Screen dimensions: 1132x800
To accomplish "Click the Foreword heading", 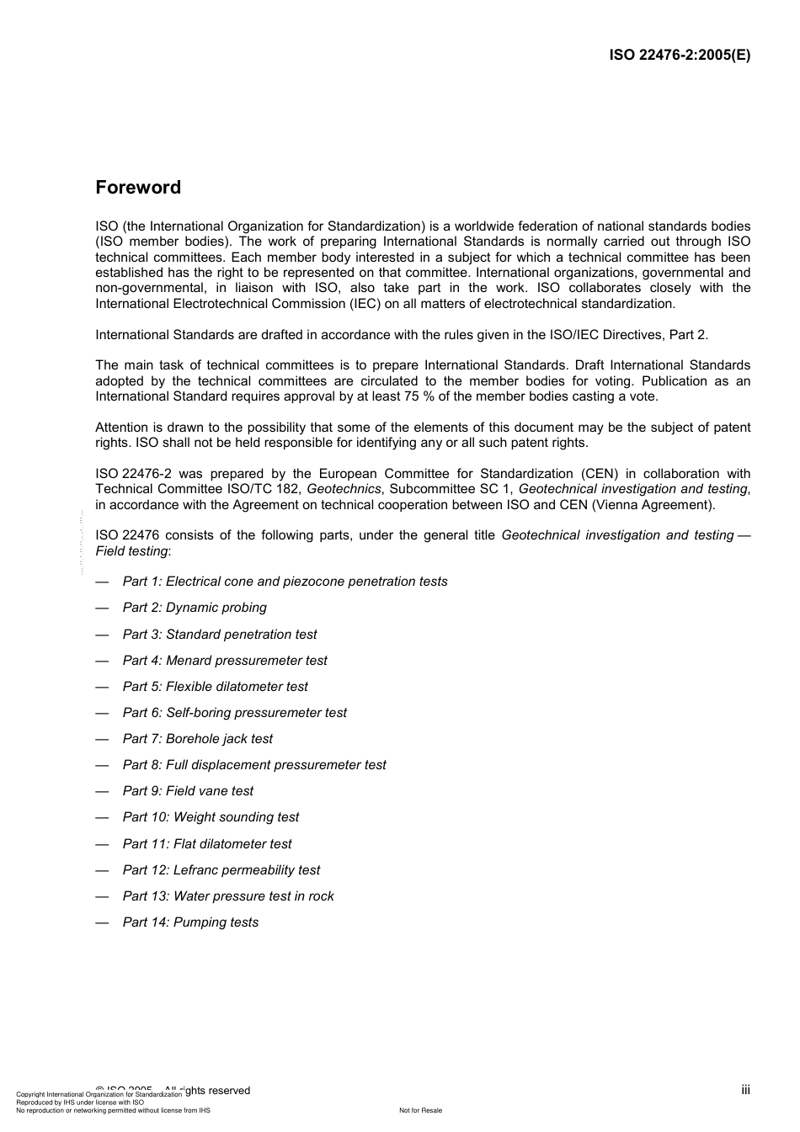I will (138, 188).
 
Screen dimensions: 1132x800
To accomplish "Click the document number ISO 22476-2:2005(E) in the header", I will (680, 56).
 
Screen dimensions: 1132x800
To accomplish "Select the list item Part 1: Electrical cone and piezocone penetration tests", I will (285, 582).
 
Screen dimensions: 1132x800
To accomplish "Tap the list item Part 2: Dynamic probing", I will (195, 608).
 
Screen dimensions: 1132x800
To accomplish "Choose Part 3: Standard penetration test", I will (220, 635).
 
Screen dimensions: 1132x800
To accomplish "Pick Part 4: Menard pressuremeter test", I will (225, 661).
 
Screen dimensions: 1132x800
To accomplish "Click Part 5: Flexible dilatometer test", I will (216, 687).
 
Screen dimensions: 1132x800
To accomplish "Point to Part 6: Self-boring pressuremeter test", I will (234, 713).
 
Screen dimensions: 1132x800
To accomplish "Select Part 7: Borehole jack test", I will (198, 739).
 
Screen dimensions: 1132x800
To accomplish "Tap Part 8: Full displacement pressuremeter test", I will (254, 765).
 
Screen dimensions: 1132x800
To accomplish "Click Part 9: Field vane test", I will (188, 791).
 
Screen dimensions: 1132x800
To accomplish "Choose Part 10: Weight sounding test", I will (211, 817).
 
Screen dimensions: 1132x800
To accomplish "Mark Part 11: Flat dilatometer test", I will (207, 844).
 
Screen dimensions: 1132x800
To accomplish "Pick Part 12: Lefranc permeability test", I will (221, 870).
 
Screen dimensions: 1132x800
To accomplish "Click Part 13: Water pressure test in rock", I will (228, 896).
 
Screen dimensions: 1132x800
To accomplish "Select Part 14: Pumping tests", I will (190, 922).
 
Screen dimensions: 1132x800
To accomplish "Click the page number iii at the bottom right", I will (745, 1090).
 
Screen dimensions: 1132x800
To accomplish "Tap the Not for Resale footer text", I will (420, 1111).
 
